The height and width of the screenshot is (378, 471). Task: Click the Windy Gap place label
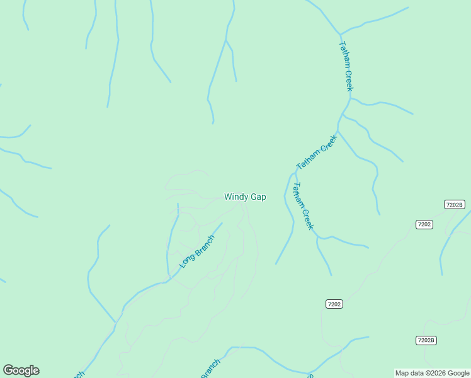pos(245,197)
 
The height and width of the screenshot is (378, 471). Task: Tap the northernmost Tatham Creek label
pos(346,66)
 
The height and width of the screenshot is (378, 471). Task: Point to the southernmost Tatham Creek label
pos(303,206)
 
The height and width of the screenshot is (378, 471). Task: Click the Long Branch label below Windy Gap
pos(197,251)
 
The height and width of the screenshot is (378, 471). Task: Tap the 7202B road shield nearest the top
pos(454,204)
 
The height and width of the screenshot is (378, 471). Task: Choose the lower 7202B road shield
pos(426,340)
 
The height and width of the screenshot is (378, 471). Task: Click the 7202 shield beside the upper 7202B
pos(424,224)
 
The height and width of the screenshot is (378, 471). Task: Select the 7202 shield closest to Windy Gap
pos(334,304)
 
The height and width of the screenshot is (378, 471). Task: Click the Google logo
pos(21,370)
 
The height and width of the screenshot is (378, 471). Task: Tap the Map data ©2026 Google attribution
pos(432,373)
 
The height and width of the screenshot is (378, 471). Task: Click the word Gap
pos(258,197)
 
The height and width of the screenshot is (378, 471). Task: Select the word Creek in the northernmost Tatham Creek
pos(348,79)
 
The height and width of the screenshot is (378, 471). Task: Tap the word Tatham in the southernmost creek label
pos(298,196)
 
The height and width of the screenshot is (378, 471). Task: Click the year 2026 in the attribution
pos(438,373)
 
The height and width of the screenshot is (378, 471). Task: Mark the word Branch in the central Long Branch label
pos(204,245)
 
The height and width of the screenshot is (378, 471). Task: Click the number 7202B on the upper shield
pos(454,204)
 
